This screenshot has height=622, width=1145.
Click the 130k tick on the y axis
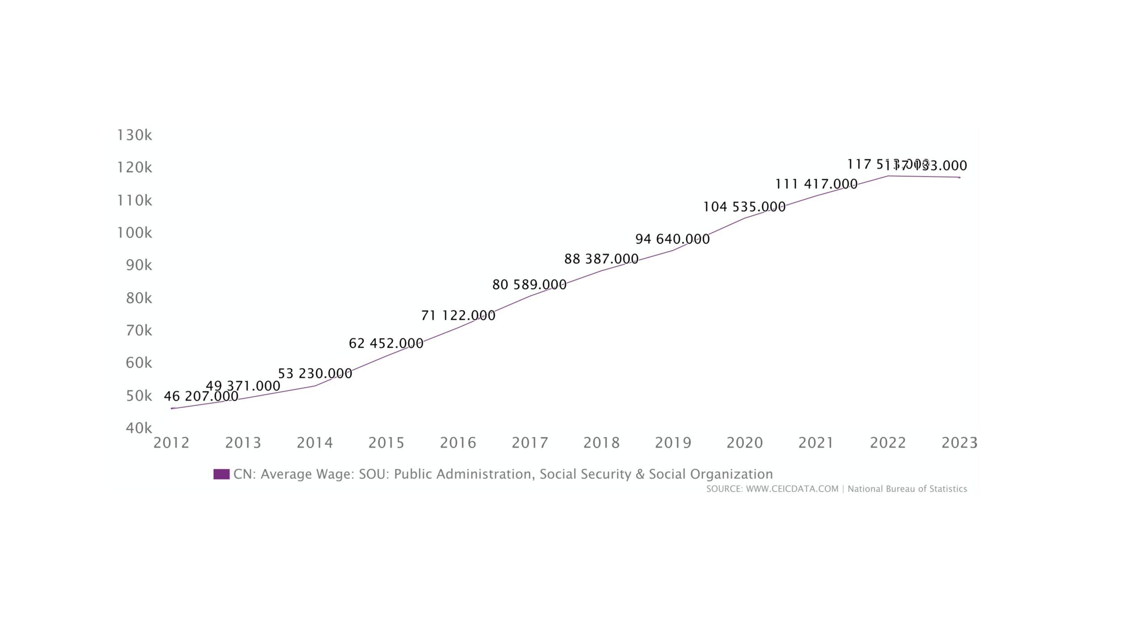[134, 135]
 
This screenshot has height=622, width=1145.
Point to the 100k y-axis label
[134, 233]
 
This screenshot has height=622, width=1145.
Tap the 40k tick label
[139, 428]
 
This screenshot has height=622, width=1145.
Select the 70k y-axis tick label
[139, 330]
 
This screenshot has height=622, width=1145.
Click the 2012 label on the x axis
[171, 443]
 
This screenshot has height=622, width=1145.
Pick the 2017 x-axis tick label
[530, 443]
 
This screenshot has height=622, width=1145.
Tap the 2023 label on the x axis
[959, 443]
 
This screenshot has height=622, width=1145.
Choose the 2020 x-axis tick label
[744, 443]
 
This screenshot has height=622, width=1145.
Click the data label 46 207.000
[201, 396]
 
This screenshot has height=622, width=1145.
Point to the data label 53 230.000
[315, 373]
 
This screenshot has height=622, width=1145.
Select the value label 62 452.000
[386, 343]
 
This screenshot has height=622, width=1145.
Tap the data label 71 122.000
[458, 315]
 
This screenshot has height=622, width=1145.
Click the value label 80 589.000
[529, 285]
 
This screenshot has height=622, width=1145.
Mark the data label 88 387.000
[601, 259]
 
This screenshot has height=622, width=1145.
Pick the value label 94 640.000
[672, 239]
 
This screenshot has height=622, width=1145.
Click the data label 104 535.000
[744, 207]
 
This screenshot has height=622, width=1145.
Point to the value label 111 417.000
[816, 184]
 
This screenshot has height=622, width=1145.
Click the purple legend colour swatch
[221, 474]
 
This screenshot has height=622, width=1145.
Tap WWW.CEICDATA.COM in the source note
[792, 489]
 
